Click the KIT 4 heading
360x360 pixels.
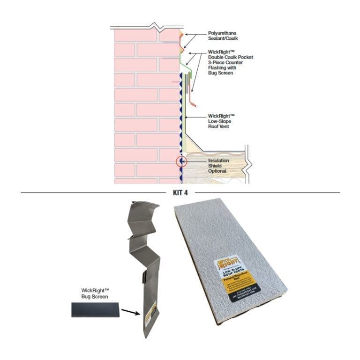tap(180, 192)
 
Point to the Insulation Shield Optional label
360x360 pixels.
tap(218, 166)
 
